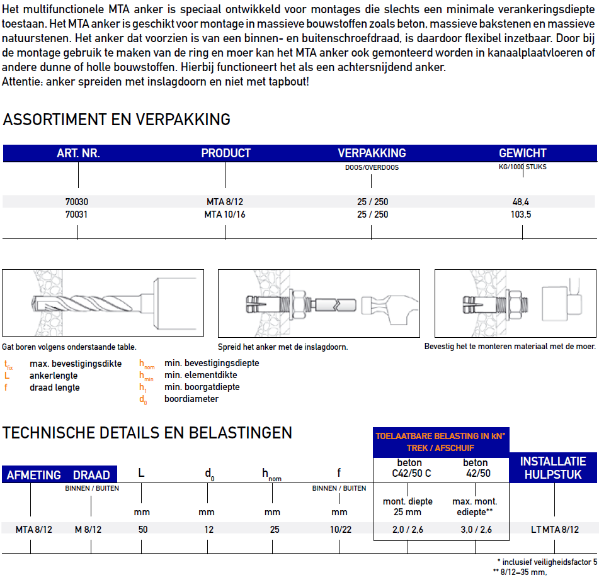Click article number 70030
pos(77,202)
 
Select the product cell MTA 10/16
pos(225,215)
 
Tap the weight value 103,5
pos(522,215)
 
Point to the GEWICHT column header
pos(522,153)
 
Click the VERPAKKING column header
pos(372,153)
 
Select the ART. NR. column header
pos(78,153)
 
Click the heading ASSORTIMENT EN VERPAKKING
pos(117,120)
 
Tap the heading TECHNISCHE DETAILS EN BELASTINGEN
pos(147,433)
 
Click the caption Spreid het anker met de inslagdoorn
pos(283,347)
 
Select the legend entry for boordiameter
pos(191,399)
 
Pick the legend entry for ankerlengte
pos(54,376)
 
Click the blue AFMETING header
pos(33,475)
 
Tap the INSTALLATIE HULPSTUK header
pos(552,468)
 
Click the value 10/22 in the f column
pos(340,529)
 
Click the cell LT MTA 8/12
pos(554,529)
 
